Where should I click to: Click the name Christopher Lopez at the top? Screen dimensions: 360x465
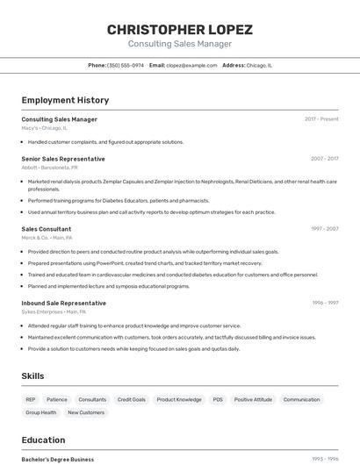tap(179, 30)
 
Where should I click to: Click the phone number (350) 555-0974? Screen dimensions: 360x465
tap(126, 65)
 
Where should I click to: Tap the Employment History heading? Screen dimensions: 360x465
tap(65, 101)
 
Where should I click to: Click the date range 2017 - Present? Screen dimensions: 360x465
tap(321, 119)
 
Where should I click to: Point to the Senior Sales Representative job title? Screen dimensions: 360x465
tap(63, 159)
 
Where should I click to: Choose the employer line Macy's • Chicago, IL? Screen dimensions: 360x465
tap(44, 128)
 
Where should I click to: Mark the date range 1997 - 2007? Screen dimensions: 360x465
tap(324, 229)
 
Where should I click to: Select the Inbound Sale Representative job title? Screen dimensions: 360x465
tap(64, 303)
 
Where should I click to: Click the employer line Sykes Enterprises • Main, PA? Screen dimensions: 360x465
tap(54, 311)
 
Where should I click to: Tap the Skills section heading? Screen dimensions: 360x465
tap(32, 376)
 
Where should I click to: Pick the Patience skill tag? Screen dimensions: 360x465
tap(56, 399)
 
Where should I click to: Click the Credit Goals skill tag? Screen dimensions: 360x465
tap(132, 399)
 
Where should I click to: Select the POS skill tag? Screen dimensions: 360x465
tap(217, 399)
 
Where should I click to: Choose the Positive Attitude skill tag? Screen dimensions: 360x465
tap(253, 399)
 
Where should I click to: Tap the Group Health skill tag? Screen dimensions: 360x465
tap(40, 412)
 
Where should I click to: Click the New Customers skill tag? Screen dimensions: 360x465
tap(86, 412)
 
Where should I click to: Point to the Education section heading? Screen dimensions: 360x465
tap(43, 440)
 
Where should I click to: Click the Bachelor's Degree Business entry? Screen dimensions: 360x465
tap(58, 459)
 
